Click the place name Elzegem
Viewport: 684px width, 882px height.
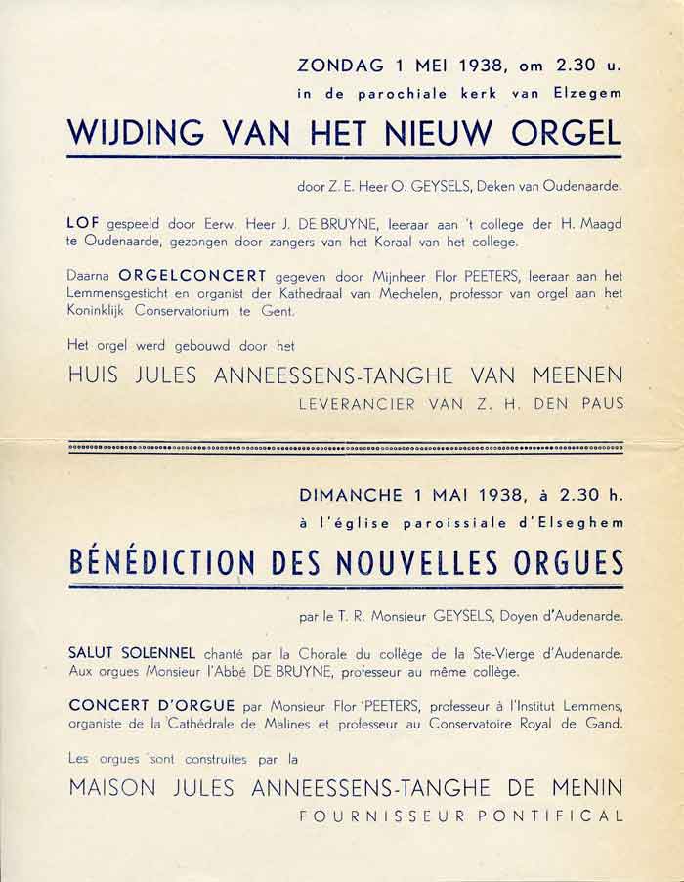593,95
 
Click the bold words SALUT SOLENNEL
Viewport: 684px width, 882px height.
132,652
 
